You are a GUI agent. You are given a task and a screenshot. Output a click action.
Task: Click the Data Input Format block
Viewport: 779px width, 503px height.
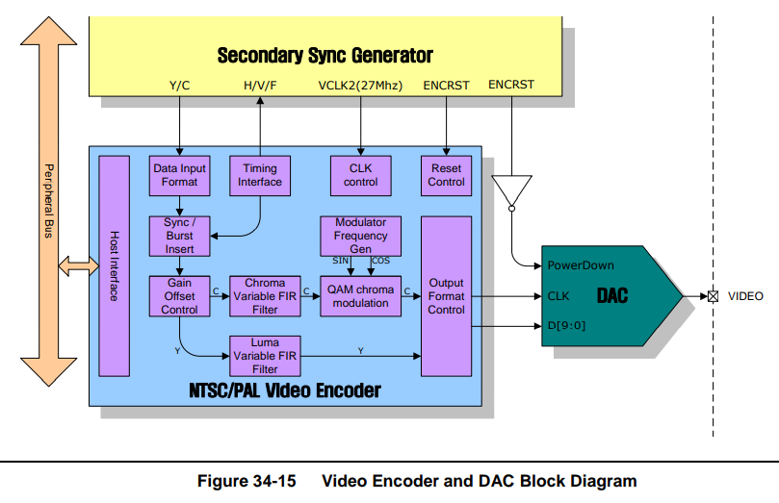pos(179,175)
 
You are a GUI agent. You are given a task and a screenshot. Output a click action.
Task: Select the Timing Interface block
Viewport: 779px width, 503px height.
pos(260,175)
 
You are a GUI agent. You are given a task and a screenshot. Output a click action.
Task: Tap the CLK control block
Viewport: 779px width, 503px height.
pos(361,175)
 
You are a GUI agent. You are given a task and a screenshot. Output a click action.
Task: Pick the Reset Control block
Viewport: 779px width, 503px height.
pos(446,175)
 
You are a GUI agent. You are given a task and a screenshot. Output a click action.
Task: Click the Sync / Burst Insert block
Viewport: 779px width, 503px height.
pos(179,236)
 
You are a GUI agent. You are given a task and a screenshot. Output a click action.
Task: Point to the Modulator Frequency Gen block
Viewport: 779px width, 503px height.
pos(361,236)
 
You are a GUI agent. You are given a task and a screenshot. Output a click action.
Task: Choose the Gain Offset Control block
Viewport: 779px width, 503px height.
pos(179,296)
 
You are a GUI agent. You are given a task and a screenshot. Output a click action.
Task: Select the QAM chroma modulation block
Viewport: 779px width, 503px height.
pos(361,296)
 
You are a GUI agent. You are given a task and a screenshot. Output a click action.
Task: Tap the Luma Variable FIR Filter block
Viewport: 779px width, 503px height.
pos(265,355)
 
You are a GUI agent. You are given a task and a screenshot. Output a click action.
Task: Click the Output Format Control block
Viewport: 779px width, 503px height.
pos(446,296)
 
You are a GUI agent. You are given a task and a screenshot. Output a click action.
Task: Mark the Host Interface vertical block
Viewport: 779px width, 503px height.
pos(114,266)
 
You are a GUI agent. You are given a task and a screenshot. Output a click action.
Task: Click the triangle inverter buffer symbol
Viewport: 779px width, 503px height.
pos(512,190)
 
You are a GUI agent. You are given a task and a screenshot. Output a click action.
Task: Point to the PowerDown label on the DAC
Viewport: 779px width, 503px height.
pos(581,264)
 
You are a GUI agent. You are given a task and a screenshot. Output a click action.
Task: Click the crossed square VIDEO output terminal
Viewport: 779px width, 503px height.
pos(713,296)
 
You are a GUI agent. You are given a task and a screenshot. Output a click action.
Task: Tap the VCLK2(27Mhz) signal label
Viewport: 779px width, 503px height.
pos(360,86)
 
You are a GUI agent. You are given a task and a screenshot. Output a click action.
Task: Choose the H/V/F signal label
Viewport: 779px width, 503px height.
pos(260,86)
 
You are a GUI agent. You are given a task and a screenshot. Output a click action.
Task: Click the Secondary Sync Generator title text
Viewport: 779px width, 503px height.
pos(325,55)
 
